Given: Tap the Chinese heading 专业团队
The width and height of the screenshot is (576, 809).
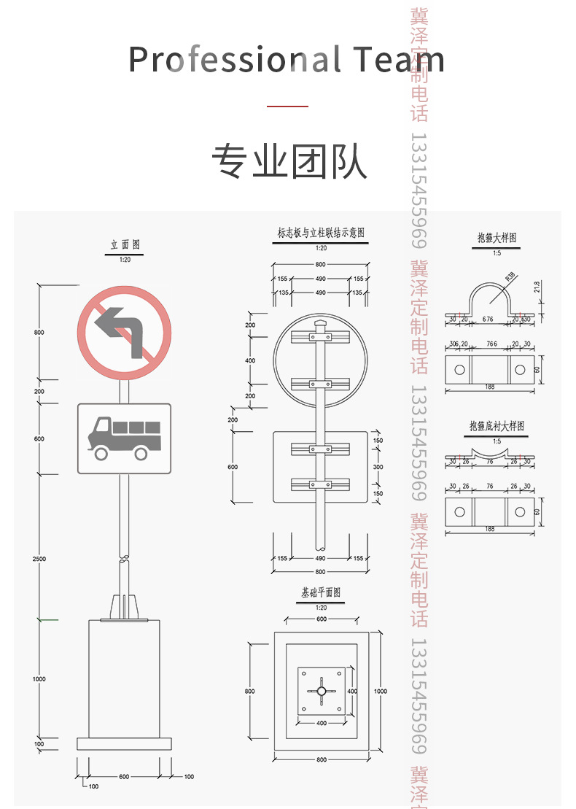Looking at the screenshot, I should (289, 162).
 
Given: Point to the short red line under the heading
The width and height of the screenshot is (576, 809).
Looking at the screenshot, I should (287, 107).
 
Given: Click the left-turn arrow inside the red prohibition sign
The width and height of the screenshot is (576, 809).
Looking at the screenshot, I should (124, 330).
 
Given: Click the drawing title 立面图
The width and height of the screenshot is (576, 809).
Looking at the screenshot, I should (125, 245).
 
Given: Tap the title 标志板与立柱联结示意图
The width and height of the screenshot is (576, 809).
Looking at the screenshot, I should (321, 233).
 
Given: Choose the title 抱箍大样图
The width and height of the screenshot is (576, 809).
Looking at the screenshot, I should (497, 238).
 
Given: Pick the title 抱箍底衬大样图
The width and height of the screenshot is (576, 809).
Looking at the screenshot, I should (497, 426).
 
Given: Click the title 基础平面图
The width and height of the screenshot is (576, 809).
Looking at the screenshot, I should (321, 593).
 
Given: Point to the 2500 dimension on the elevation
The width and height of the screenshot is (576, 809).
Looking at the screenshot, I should (39, 559).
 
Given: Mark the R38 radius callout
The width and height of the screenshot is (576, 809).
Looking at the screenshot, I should (510, 276).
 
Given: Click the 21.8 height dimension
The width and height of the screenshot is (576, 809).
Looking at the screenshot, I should (538, 287).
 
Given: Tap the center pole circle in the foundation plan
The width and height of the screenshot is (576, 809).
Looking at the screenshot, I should (322, 691).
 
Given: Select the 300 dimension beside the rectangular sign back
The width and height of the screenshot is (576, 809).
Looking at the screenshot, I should (378, 467).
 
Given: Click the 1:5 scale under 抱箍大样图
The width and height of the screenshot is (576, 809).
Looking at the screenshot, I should (497, 253).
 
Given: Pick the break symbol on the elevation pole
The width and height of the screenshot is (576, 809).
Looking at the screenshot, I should (124, 560).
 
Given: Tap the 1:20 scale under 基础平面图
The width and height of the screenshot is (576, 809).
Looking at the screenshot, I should (321, 607).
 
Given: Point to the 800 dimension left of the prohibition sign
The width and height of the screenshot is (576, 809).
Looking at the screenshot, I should (39, 333).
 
